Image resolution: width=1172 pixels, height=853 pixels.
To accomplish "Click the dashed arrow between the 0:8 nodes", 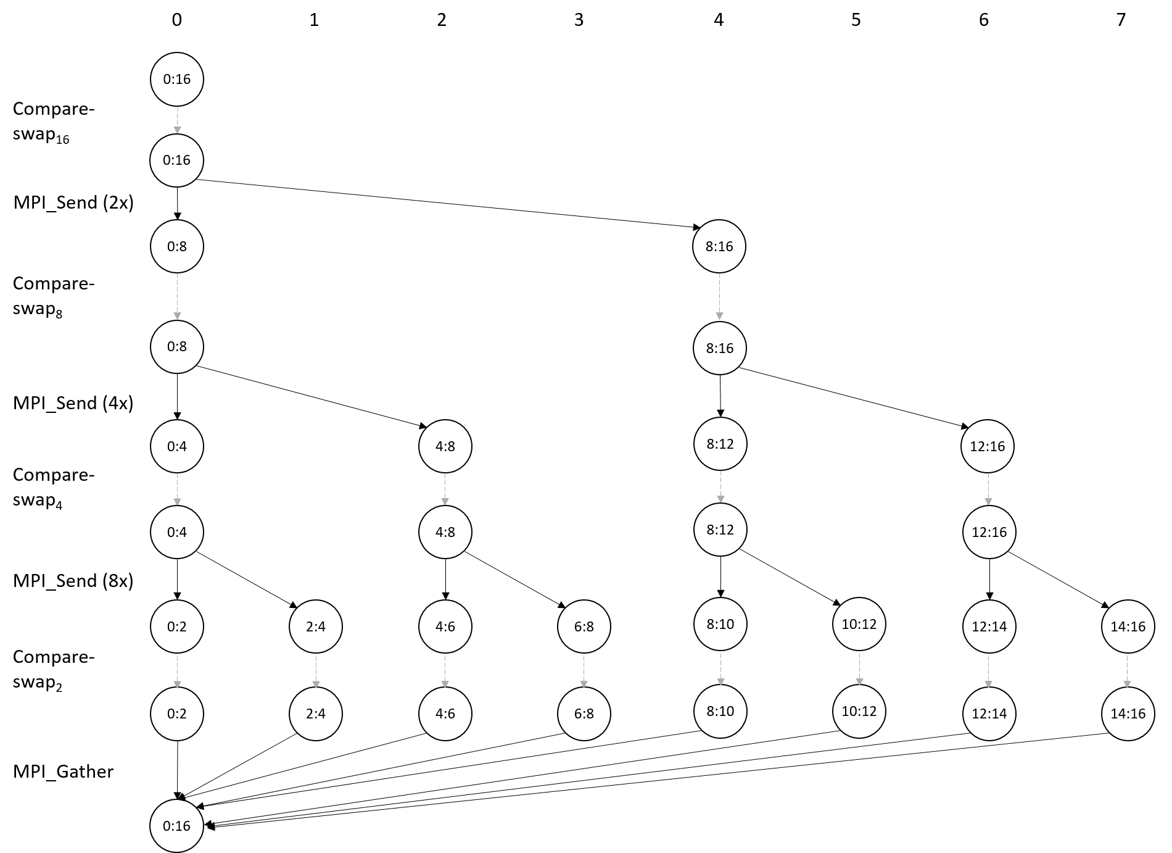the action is (x=177, y=296).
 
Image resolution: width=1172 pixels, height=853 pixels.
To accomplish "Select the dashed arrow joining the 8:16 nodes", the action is (x=719, y=297).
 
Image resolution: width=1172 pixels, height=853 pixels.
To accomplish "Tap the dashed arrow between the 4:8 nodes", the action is (x=445, y=489).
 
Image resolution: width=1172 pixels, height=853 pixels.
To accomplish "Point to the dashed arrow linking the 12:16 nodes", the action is (x=988, y=489).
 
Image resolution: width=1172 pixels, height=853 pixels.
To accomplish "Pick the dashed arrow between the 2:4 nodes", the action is (x=316, y=670).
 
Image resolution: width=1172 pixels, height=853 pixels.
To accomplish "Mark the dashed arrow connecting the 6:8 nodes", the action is (x=584, y=670).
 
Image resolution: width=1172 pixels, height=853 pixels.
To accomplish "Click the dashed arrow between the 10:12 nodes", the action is (x=859, y=668).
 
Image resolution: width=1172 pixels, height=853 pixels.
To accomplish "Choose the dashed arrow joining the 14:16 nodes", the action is (x=1128, y=670).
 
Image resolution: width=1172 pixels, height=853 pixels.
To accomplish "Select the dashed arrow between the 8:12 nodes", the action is (x=720, y=486).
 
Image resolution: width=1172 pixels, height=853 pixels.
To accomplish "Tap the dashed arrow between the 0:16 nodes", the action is (x=177, y=120).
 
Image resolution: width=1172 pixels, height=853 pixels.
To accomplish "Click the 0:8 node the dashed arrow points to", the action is (x=177, y=346).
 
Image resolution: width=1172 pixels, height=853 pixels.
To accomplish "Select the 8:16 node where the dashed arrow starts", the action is (x=719, y=246).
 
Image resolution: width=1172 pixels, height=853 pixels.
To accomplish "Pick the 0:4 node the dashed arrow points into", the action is (x=177, y=531).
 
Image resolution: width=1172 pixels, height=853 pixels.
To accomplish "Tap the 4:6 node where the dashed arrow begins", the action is (x=445, y=626).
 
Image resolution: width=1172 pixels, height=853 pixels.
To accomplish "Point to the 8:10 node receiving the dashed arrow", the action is (x=720, y=711).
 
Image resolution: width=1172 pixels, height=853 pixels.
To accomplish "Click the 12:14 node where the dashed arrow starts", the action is (x=989, y=626).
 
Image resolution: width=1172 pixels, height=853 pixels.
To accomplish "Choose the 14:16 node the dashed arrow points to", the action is (x=1128, y=714).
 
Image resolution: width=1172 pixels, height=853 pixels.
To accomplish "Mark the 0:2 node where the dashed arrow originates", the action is (x=177, y=626).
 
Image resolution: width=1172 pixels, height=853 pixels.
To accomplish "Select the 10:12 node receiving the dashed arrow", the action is (x=859, y=711).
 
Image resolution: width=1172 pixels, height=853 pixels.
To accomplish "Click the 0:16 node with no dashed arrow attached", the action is (x=177, y=825).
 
